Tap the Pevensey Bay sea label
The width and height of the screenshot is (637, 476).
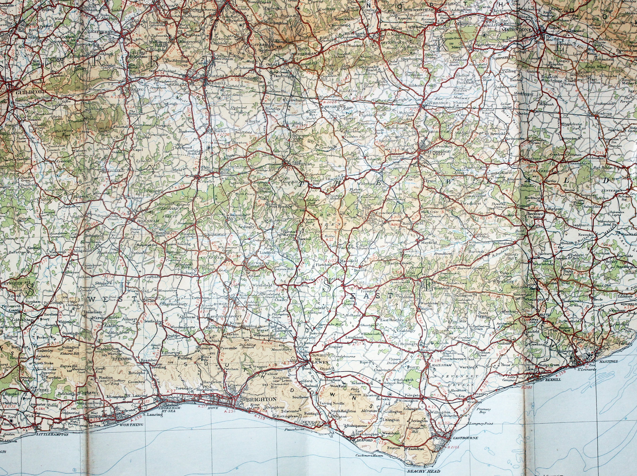coord(476,410)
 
